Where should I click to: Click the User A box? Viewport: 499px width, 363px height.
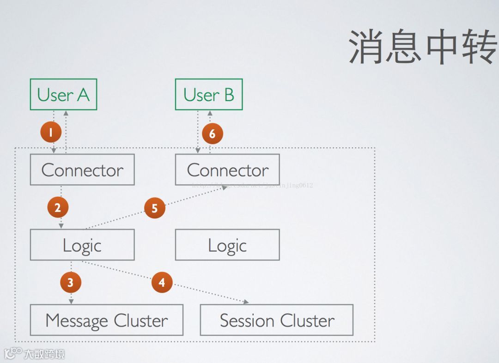[63, 94]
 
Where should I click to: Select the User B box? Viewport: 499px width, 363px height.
[208, 94]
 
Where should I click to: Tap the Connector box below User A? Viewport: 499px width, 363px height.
[82, 170]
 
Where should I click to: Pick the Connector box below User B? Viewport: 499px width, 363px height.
[227, 170]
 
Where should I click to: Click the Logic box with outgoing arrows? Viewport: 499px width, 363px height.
[82, 245]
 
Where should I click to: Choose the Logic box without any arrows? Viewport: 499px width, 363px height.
[227, 245]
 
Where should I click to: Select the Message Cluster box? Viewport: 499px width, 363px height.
[106, 320]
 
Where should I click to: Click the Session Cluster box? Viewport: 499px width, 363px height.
[276, 320]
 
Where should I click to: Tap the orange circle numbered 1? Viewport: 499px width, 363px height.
[51, 133]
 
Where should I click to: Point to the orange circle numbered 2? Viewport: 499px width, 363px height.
[58, 208]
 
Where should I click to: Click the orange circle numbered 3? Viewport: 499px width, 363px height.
[71, 282]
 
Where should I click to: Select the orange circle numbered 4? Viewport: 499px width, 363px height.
[162, 282]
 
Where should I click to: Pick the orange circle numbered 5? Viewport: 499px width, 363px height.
[155, 208]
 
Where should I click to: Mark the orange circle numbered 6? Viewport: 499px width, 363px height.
[213, 134]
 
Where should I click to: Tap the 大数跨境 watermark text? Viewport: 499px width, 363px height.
[44, 354]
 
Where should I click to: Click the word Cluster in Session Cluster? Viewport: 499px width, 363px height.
[307, 320]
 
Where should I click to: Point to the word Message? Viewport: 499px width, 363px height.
[77, 320]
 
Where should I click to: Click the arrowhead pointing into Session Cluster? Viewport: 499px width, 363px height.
[246, 302]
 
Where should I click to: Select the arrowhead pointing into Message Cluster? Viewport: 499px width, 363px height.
[71, 301]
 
